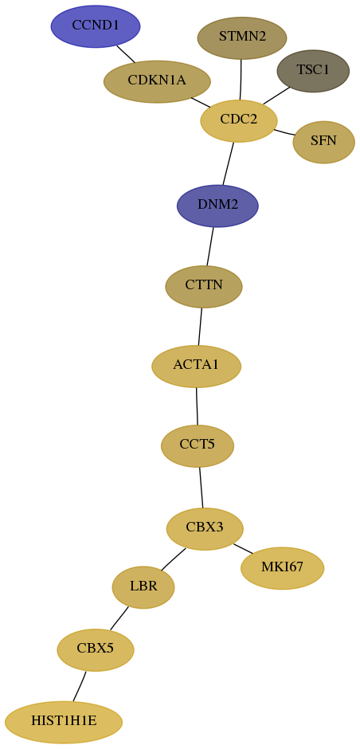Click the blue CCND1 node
[x=96, y=26]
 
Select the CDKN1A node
[x=157, y=81]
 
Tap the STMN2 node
[x=242, y=37]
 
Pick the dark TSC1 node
[x=313, y=71]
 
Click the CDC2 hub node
[x=239, y=121]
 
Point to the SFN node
[x=323, y=142]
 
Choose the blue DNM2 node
[x=217, y=206]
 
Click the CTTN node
[x=204, y=287]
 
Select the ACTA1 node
[x=196, y=367]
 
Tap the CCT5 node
[x=198, y=445]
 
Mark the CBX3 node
[x=205, y=529]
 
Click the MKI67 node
[x=283, y=568]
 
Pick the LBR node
[x=143, y=587]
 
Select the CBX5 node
[x=96, y=649]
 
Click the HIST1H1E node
[x=64, y=722]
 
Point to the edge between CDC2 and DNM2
[x=229, y=163]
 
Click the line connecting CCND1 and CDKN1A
[x=126, y=54]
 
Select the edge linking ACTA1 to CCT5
[x=197, y=406]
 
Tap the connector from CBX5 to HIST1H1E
[x=80, y=686]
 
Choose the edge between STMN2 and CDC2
[x=241, y=80]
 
